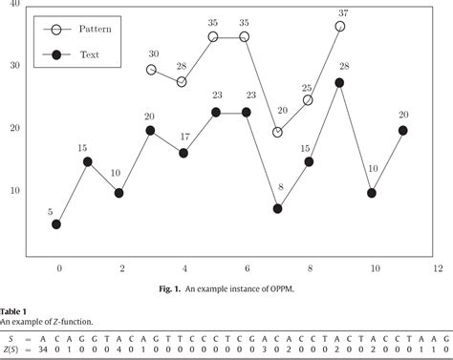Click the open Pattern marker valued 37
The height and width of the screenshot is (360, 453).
(340, 27)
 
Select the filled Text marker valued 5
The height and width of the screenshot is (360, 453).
(56, 224)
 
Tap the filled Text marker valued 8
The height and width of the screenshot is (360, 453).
(277, 208)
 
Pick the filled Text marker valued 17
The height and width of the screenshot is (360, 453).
(183, 153)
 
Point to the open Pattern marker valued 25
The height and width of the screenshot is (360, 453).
(308, 100)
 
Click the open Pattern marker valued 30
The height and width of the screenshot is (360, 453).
(151, 70)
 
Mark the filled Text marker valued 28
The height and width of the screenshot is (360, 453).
(339, 83)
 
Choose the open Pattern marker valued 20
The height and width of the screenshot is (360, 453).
(277, 133)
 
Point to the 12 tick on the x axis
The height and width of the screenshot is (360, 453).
(439, 268)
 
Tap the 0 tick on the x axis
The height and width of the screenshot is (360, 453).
(58, 268)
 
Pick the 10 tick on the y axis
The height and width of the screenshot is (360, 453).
(14, 192)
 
